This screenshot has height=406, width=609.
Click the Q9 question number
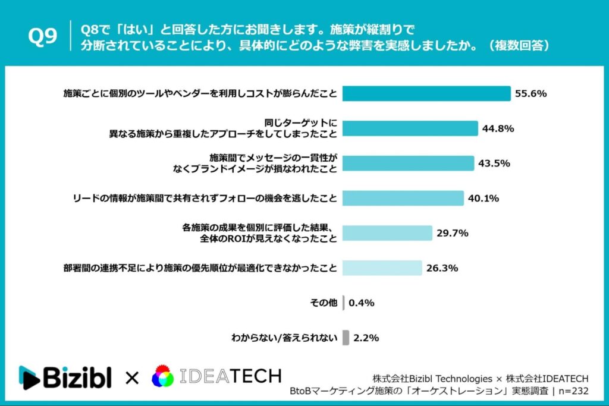click(42, 37)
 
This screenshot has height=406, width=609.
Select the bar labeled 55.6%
click(427, 93)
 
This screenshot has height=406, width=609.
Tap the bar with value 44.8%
click(411, 128)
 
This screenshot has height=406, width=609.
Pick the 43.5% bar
click(409, 163)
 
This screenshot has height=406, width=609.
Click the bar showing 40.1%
click(403, 198)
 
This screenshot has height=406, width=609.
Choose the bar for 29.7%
click(388, 233)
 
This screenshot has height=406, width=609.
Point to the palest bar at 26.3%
click(382, 268)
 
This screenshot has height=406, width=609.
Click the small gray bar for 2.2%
click(346, 338)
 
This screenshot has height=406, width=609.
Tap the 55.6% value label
click(530, 93)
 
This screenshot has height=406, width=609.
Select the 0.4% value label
click(361, 303)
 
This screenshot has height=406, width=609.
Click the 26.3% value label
click(442, 268)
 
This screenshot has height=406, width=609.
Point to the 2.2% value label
click(366, 338)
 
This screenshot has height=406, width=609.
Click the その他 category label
click(324, 303)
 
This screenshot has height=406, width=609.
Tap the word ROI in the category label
click(236, 238)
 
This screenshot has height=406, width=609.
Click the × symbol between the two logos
click(131, 377)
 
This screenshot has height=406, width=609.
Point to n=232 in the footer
click(573, 391)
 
